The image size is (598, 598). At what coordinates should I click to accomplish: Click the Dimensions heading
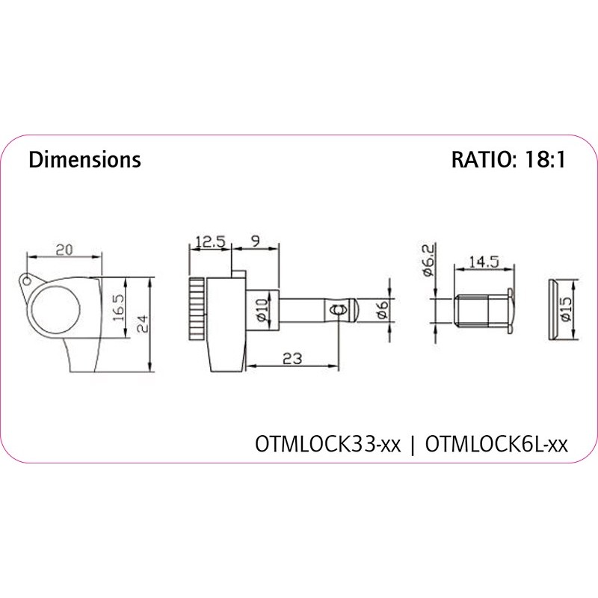(x=84, y=160)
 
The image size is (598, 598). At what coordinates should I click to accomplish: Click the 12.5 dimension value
(x=211, y=242)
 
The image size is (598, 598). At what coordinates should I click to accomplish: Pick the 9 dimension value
(x=255, y=241)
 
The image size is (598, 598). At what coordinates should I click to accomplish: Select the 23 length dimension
(x=292, y=358)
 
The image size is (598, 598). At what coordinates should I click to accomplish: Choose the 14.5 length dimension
(x=483, y=262)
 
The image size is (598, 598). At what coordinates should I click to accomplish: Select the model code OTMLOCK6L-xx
(x=496, y=444)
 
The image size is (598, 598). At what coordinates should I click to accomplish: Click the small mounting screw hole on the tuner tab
(x=27, y=281)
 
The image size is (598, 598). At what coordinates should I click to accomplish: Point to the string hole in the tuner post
(x=339, y=308)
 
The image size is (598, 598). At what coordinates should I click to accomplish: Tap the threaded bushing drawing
(x=482, y=309)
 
